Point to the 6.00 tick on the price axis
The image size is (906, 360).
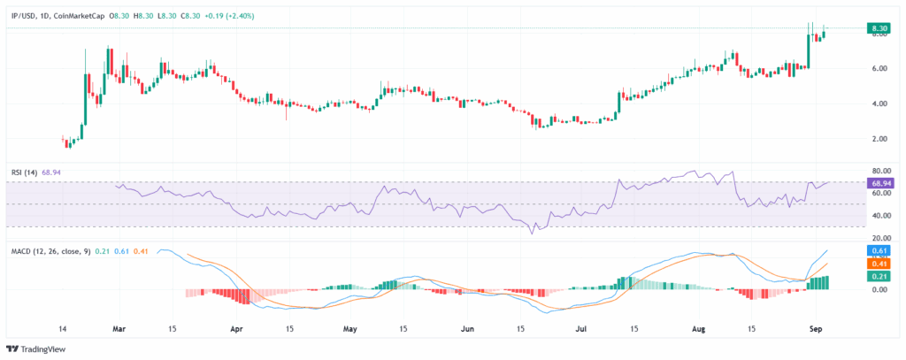[879, 68]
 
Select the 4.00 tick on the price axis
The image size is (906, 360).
[879, 103]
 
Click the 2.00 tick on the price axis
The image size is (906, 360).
[879, 139]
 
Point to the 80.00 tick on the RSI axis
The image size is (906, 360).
[879, 171]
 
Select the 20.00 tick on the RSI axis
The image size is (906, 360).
[879, 238]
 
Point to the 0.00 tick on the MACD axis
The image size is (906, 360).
[879, 289]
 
